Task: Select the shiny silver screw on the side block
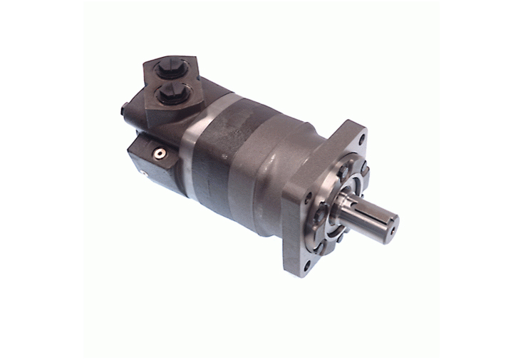pyautogui.click(x=161, y=153)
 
